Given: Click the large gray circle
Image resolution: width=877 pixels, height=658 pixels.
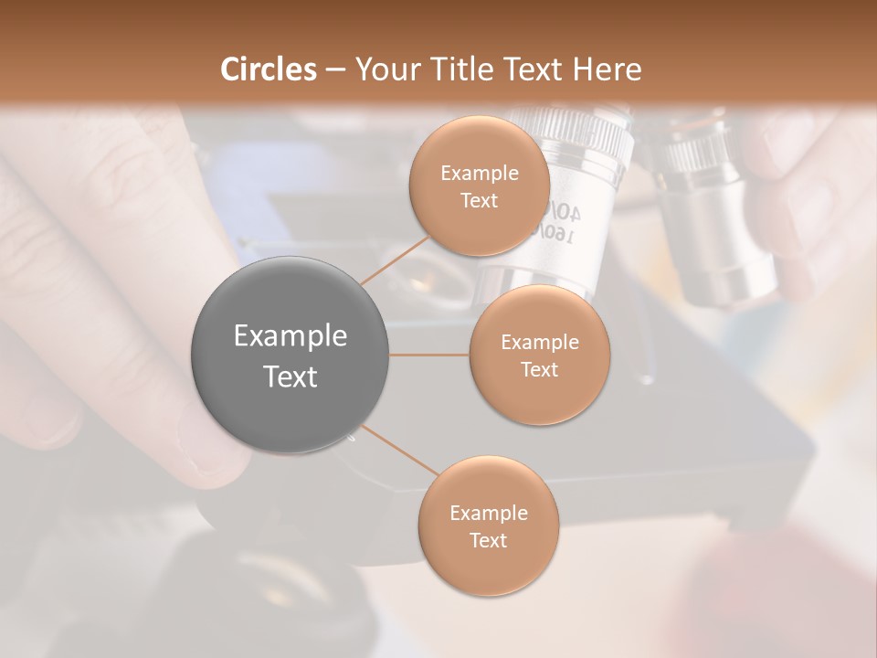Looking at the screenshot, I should (x=291, y=355).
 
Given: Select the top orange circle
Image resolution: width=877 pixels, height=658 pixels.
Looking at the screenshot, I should (x=479, y=186).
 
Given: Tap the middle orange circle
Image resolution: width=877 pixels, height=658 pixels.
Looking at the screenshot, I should (x=539, y=355).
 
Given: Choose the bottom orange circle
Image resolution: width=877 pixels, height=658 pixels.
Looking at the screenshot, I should (x=488, y=525).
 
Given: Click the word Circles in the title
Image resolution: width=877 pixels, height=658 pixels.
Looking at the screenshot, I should (x=268, y=69).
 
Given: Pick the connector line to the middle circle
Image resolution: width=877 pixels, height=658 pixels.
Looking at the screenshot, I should (x=429, y=355).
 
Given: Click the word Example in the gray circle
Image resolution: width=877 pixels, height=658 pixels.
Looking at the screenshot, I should (x=291, y=336).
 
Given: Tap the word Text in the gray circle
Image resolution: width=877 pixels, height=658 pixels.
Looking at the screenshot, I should (x=291, y=377).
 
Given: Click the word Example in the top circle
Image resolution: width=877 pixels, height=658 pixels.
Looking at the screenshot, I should (x=479, y=174).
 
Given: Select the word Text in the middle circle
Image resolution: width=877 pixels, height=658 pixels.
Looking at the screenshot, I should (x=539, y=369).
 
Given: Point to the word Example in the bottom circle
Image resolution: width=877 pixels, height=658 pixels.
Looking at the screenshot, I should (x=488, y=513).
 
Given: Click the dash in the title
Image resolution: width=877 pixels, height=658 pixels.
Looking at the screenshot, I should (x=334, y=69).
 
